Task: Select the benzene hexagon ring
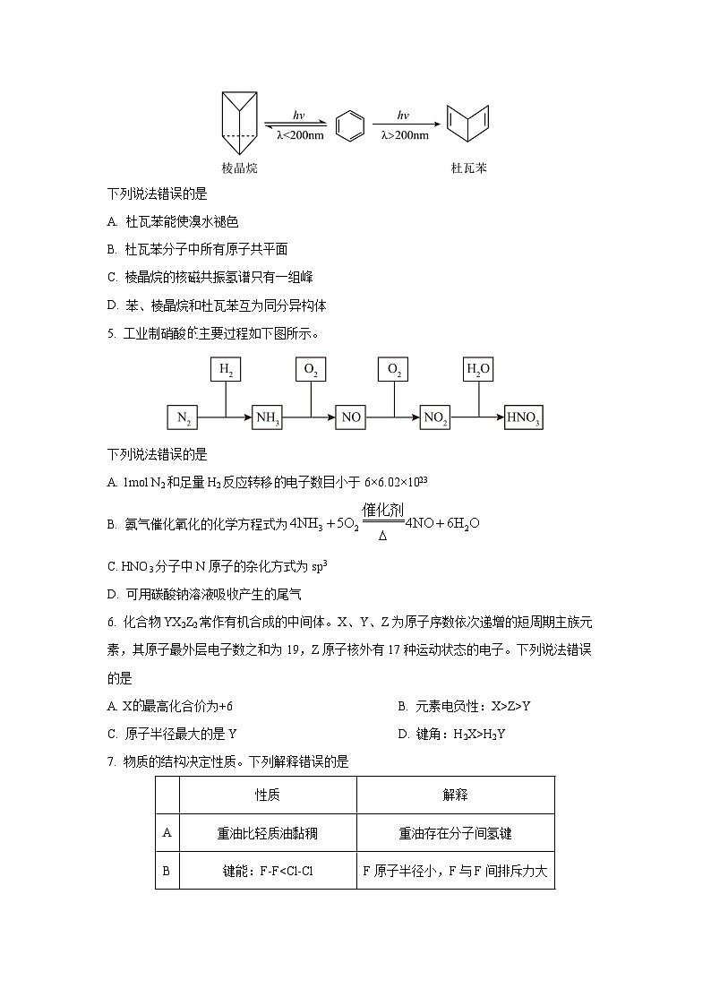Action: (x=350, y=125)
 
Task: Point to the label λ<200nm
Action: (x=300, y=135)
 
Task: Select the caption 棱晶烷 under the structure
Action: (x=239, y=168)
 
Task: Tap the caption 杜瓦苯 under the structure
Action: (x=469, y=168)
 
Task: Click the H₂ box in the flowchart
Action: (x=225, y=370)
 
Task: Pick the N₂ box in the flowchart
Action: (x=183, y=417)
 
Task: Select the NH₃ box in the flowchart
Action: (x=267, y=417)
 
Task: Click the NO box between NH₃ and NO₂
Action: (x=351, y=417)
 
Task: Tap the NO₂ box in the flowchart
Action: (x=435, y=417)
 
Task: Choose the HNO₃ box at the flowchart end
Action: (x=524, y=417)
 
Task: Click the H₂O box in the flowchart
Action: (x=478, y=370)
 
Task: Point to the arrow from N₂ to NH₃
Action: (x=225, y=417)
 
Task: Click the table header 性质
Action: (x=268, y=795)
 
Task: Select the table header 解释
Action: (x=455, y=795)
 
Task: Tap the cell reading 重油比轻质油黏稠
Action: (x=268, y=833)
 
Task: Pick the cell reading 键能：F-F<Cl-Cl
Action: (x=268, y=870)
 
